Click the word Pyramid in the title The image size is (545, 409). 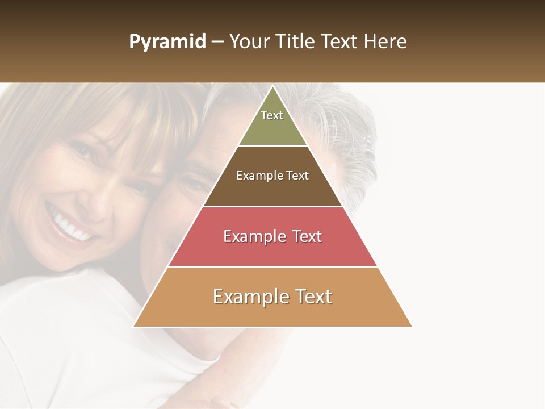(167, 42)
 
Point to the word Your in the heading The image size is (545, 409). (249, 42)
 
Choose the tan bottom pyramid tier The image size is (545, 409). (272, 312)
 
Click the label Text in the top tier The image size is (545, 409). (272, 115)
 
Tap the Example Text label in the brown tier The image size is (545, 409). (272, 176)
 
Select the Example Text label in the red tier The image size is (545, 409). (272, 236)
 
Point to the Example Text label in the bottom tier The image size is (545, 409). (272, 297)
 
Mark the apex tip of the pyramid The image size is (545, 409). (272, 87)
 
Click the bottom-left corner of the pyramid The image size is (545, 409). (135, 326)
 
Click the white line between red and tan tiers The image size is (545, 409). (272, 266)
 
